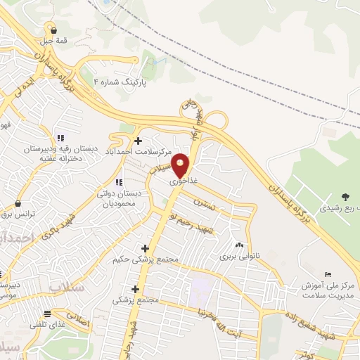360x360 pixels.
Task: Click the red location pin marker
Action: click(181, 165)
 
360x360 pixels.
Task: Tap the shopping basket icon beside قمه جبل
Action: click(54, 30)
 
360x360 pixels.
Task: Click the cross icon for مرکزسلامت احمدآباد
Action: click(138, 141)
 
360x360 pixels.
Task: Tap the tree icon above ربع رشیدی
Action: click(345, 197)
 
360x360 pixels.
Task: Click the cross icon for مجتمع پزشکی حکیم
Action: click(146, 248)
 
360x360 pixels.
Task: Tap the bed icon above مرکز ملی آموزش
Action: click(328, 274)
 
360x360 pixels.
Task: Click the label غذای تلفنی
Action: click(46, 325)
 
